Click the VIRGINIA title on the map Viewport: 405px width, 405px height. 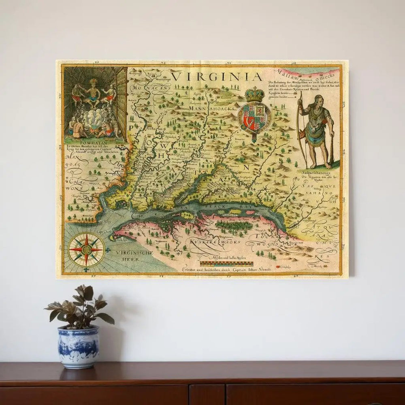click(x=216, y=76)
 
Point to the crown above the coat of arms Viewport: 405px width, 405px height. click(x=254, y=94)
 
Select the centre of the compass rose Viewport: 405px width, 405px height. click(x=86, y=249)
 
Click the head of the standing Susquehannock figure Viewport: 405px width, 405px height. click(x=318, y=100)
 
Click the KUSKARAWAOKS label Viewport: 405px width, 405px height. click(x=215, y=241)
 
